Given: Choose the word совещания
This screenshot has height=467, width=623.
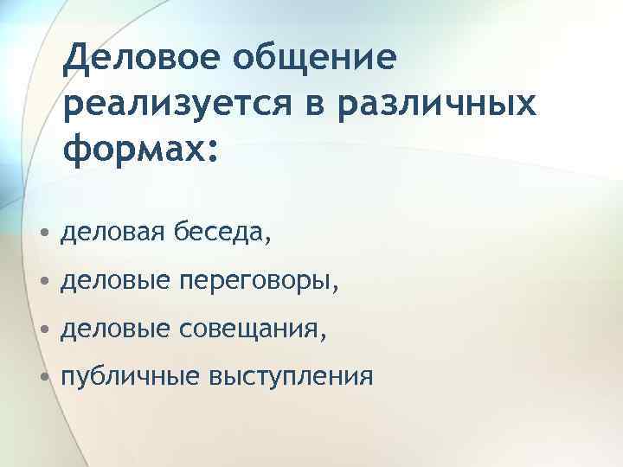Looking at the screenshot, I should coord(252,329).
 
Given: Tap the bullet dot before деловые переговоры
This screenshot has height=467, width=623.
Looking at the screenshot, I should coord(45,282).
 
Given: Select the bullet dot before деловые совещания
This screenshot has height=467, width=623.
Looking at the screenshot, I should coord(45,330).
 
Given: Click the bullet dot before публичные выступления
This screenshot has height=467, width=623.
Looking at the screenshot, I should coord(45,379).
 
